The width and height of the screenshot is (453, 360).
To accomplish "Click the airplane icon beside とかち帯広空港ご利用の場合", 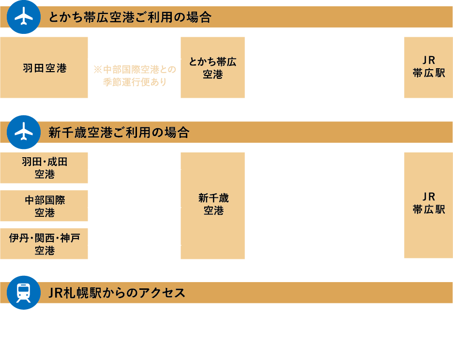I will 24,17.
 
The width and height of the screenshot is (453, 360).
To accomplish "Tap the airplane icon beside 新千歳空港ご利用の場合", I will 24,132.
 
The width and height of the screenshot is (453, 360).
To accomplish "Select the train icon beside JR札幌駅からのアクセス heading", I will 24,292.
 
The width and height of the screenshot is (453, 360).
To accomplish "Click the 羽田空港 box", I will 44,68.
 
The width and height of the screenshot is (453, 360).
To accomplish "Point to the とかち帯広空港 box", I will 212,68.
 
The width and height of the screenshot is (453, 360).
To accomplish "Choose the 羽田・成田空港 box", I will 44,168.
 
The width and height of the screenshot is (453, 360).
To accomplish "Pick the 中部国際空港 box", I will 44,206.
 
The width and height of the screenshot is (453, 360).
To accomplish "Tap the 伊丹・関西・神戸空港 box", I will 44,243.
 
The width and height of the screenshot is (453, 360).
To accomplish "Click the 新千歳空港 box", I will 212,206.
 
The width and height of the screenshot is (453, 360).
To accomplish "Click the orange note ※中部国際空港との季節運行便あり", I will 135,76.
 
